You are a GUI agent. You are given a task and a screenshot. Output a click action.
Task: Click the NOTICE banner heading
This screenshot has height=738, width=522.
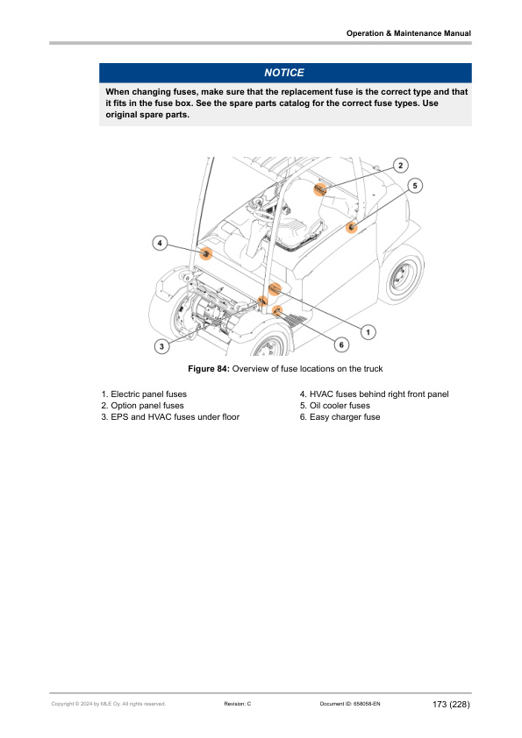(x=284, y=73)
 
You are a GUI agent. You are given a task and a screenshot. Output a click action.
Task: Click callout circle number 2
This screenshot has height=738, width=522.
(x=399, y=166)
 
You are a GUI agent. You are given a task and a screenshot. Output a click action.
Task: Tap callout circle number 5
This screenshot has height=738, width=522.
(x=415, y=185)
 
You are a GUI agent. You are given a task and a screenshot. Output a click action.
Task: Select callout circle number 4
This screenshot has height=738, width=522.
(x=160, y=241)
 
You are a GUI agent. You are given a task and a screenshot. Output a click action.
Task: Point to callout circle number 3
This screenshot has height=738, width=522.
(x=161, y=346)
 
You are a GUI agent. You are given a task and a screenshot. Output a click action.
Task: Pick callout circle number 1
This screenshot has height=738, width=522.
(x=368, y=331)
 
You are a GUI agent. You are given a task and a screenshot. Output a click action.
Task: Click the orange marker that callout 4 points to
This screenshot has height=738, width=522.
(x=206, y=254)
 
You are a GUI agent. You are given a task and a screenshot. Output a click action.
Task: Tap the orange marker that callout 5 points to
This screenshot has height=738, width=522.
(x=352, y=227)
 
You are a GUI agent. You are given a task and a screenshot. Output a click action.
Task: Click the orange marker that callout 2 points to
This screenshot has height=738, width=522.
(x=320, y=189)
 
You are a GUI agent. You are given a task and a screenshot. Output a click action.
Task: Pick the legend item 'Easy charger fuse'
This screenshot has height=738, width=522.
(x=340, y=417)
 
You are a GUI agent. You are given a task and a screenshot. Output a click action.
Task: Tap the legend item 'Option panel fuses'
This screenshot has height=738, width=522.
(x=142, y=406)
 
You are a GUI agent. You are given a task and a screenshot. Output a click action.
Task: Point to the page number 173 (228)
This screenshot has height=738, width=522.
(x=451, y=704)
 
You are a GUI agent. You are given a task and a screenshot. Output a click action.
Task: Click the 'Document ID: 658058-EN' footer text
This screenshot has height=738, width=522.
(x=350, y=704)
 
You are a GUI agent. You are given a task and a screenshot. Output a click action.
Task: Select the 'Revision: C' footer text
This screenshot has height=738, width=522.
(x=238, y=704)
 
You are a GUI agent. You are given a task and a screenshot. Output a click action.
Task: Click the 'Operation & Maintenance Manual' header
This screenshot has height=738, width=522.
(x=409, y=33)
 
